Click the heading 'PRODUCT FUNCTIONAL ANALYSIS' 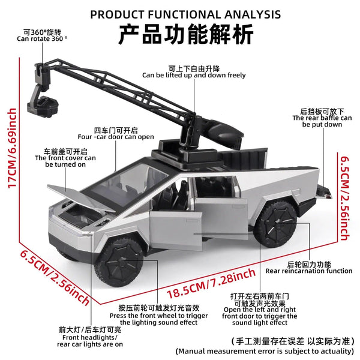tap(185, 13)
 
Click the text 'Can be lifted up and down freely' tap(194, 76)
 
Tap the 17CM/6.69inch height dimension tap(11, 148)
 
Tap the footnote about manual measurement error tap(265, 350)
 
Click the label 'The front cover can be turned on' tap(65, 158)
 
